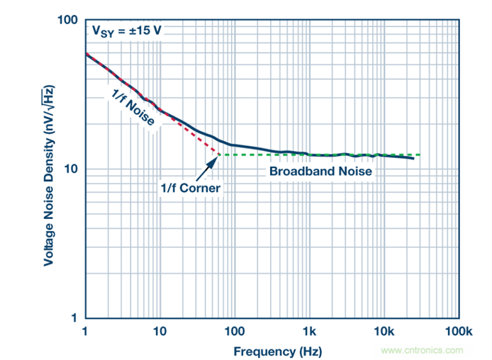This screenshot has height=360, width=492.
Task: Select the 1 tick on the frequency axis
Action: click(x=85, y=331)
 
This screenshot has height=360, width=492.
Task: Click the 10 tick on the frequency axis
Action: click(x=160, y=331)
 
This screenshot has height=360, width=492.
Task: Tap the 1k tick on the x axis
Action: click(x=309, y=331)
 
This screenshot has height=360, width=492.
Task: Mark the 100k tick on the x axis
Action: click(x=458, y=331)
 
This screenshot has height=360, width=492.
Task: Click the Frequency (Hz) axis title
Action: click(x=272, y=350)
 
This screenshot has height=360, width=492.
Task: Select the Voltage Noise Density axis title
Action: click(x=49, y=170)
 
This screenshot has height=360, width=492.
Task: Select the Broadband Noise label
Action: click(x=320, y=171)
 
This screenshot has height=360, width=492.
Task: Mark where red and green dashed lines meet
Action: click(x=218, y=154)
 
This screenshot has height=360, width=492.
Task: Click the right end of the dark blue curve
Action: click(x=413, y=158)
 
